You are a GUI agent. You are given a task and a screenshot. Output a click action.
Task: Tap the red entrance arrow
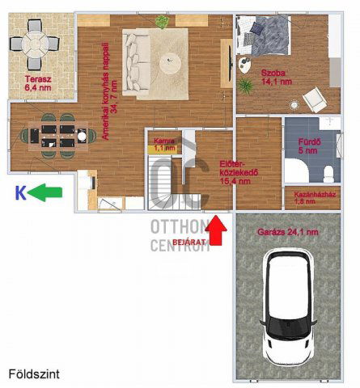tap(216, 232)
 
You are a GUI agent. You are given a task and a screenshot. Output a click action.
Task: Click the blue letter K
tap(20, 192)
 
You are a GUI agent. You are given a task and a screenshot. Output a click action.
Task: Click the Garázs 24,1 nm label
tap(287, 232)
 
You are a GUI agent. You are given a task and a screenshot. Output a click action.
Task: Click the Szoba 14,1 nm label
tap(274, 78)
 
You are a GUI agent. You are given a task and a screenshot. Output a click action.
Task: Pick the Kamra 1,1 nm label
tap(164, 145)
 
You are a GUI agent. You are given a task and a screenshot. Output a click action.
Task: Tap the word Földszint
tap(34, 375)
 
